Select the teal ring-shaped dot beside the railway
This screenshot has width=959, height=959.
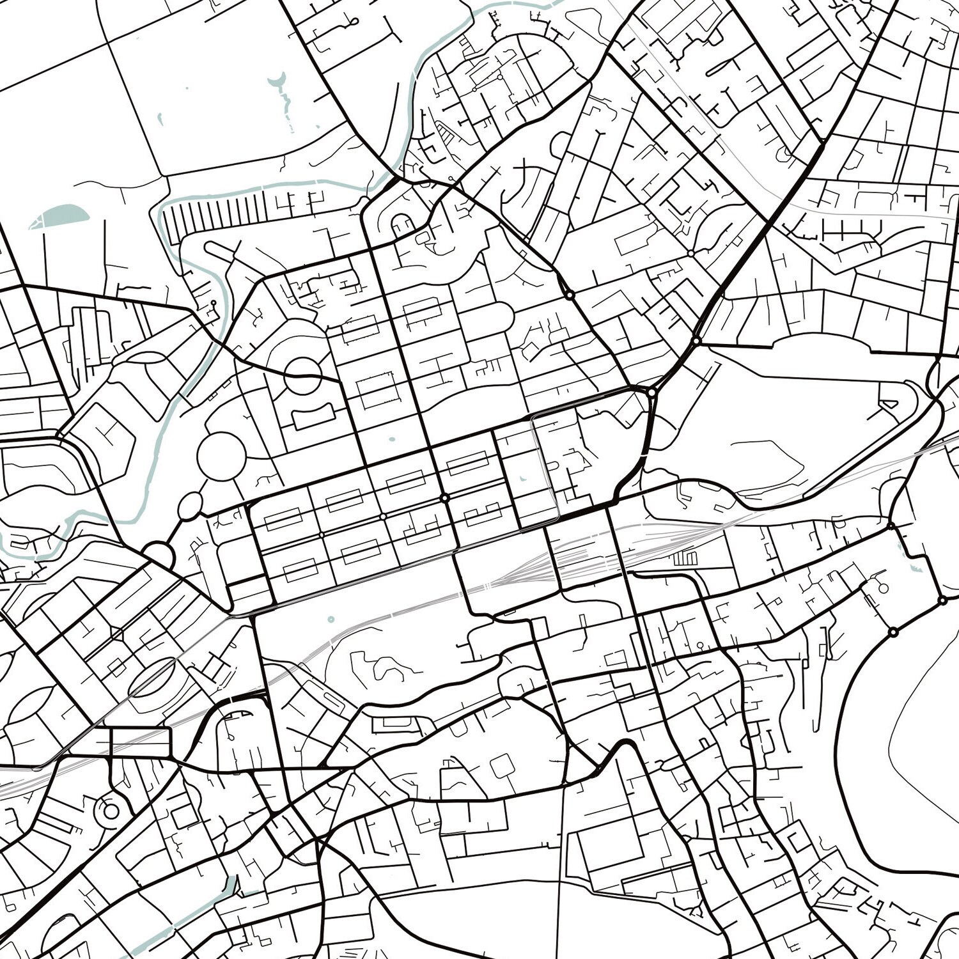[331, 619]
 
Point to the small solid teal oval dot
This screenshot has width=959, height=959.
[391, 439]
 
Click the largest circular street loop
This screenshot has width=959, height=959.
[221, 455]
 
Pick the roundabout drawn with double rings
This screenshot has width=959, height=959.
[111, 811]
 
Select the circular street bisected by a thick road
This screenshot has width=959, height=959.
[302, 375]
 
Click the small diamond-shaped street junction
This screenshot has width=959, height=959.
[117, 634]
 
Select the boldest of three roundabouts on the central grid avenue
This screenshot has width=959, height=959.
[444, 497]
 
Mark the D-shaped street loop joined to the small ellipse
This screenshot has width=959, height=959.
[159, 554]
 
